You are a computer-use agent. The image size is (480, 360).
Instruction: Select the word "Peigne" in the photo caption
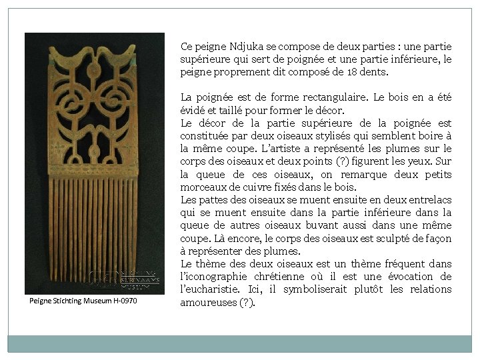point(41,301)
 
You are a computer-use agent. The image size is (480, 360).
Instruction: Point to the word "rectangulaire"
point(329,97)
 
